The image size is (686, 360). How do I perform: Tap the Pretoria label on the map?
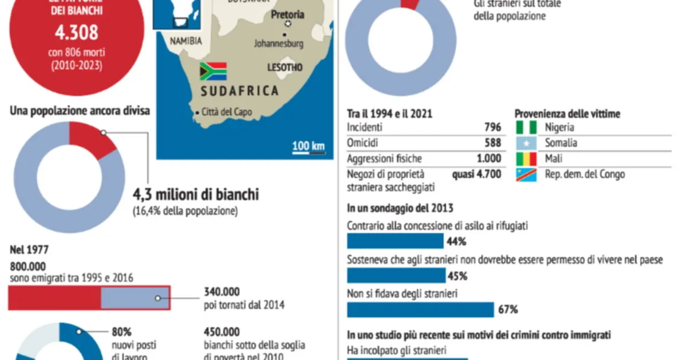pos(288,15)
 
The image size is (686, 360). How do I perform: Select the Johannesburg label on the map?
pos(278,43)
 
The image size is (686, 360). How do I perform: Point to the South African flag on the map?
pos(213,71)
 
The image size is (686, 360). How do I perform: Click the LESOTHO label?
pos(285,67)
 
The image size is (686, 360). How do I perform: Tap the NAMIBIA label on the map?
pos(186,41)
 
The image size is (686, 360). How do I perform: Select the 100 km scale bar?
pos(309,147)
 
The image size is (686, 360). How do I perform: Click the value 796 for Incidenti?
pos(492,127)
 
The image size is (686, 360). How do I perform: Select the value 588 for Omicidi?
pos(492,143)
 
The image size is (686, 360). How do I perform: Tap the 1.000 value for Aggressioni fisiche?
pos(488,159)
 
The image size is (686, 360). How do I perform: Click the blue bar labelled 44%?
pos(395,241)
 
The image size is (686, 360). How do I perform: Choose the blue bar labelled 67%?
pos(420,310)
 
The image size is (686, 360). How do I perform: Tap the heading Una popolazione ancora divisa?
pos(80,111)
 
